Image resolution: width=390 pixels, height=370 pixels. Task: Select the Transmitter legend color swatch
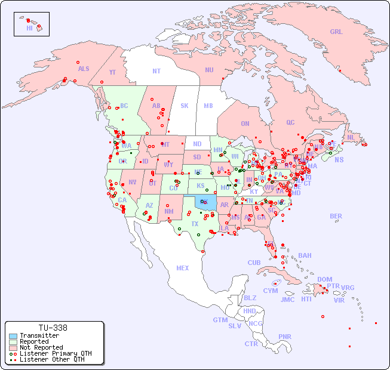tap(13, 336)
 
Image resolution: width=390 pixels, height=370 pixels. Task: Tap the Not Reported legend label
tap(41, 347)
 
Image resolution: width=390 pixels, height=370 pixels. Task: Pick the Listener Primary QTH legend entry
tap(51, 353)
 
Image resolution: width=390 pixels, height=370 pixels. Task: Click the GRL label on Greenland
tap(336, 32)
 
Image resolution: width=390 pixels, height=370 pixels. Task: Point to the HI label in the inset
tap(29, 28)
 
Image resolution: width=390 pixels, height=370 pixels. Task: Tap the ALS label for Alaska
tap(84, 69)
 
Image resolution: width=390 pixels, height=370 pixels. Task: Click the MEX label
tap(183, 268)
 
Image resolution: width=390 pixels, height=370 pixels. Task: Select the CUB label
tap(254, 263)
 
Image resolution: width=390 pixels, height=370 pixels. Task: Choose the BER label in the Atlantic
tap(336, 216)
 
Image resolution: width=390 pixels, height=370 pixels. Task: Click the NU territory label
tap(209, 70)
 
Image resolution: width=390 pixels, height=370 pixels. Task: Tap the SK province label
tap(185, 106)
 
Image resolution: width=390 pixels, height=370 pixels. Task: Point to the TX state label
tap(195, 224)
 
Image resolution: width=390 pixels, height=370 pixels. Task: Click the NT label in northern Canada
tap(156, 70)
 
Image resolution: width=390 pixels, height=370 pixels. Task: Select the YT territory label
tap(112, 72)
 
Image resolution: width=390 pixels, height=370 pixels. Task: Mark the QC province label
tap(290, 122)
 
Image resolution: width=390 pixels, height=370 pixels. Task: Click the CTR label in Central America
tap(251, 344)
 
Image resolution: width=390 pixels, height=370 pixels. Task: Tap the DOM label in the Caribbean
tap(324, 279)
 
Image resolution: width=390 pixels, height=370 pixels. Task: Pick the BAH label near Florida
tap(305, 255)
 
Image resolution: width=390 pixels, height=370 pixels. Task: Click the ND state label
tap(197, 144)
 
